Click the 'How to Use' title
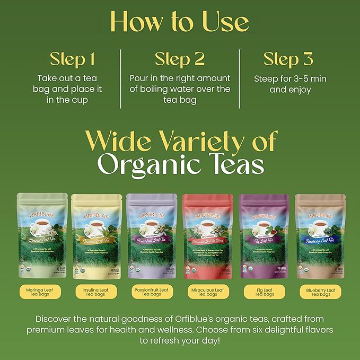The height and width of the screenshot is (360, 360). click(x=180, y=22)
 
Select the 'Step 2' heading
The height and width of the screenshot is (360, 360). click(x=180, y=58)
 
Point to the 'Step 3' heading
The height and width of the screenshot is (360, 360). click(x=288, y=58)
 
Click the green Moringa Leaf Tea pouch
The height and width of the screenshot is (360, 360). click(x=42, y=235)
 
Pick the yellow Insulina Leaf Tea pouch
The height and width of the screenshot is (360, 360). click(x=98, y=235)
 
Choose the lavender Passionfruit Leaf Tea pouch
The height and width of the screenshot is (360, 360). click(x=152, y=235)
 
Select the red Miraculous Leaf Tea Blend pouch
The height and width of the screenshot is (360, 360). click(x=207, y=235)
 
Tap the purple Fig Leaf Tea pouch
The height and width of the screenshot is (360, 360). click(x=264, y=235)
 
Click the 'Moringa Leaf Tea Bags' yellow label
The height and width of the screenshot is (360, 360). click(x=42, y=292)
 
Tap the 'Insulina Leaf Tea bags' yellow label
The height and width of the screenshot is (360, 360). click(x=98, y=292)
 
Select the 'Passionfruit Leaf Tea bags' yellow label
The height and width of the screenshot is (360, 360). click(x=152, y=292)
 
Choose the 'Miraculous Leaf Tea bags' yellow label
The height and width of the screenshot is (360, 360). click(x=207, y=292)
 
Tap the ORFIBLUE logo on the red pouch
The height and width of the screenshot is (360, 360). click(x=207, y=216)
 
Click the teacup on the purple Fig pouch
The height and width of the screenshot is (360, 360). click(x=262, y=226)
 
